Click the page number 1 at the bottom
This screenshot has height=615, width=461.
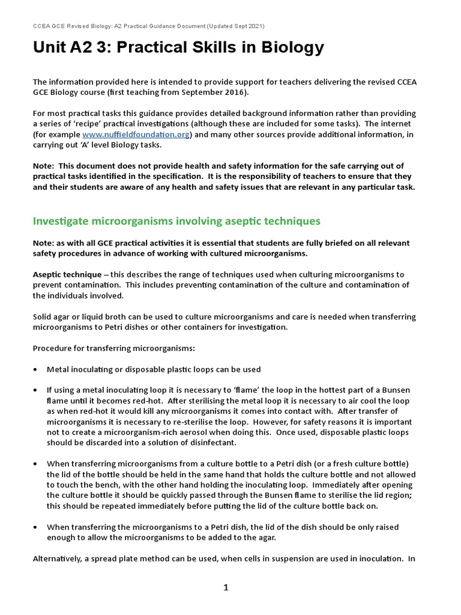pos(226,588)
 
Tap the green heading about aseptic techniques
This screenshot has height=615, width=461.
pos(176,221)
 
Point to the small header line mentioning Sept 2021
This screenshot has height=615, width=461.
pos(148,26)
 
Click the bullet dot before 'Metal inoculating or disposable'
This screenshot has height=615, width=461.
pos(36,369)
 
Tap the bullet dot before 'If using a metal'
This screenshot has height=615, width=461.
pos(36,390)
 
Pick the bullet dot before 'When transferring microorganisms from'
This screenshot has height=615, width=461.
pos(36,464)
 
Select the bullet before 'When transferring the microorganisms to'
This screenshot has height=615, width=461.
pos(36,527)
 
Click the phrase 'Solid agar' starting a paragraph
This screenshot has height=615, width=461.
pos(52,317)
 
